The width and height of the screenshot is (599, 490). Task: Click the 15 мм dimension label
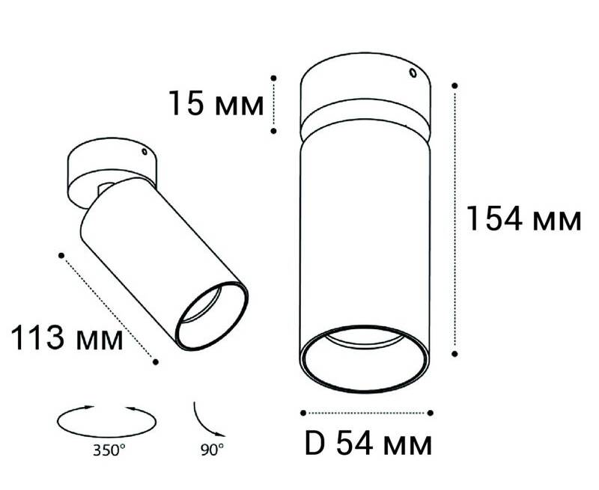216,103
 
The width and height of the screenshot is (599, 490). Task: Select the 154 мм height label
524,218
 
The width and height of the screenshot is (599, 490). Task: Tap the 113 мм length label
67,337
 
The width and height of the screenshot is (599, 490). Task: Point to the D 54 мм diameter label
368,443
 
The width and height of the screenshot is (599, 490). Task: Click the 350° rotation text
109,450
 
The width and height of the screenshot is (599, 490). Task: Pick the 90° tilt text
213,450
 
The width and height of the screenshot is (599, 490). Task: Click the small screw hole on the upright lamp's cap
413,73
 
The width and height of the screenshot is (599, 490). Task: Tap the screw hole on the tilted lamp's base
145,152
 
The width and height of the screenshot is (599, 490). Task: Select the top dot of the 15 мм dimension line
273,78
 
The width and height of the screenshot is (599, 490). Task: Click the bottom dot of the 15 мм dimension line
273,131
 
